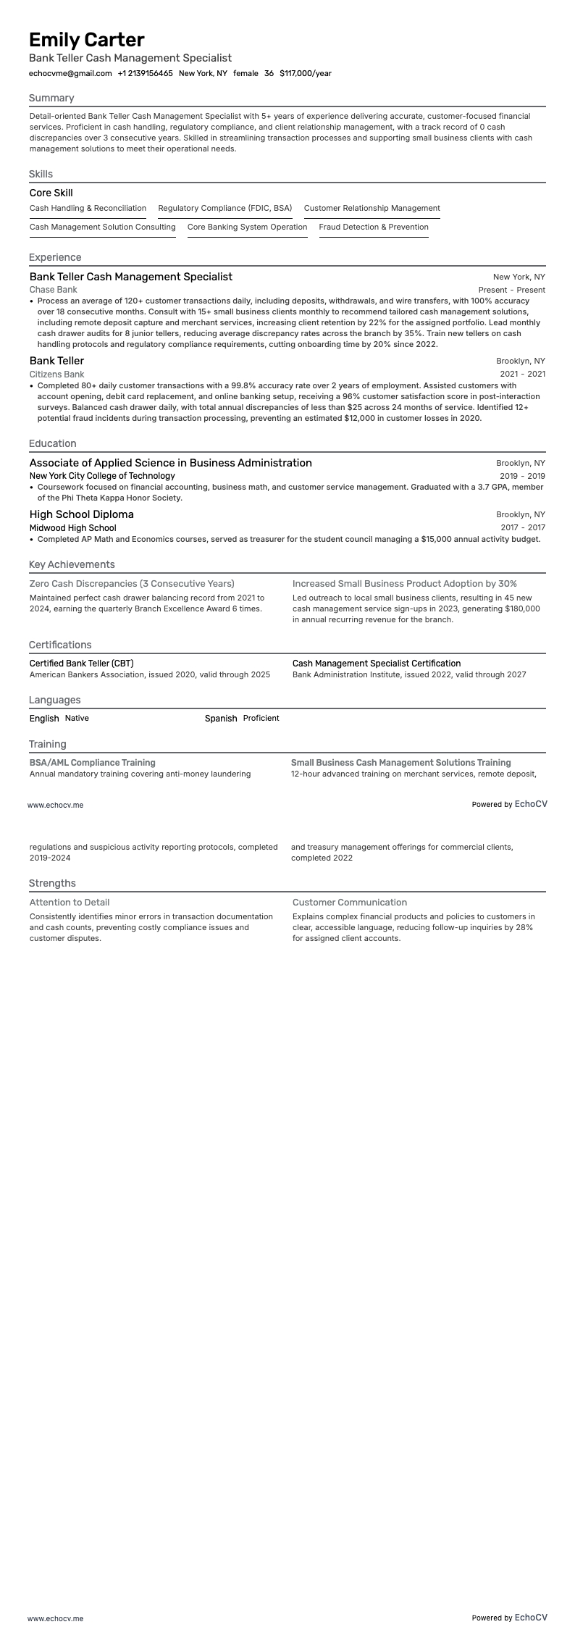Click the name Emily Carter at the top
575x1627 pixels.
pos(87,39)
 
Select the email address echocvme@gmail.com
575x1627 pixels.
pos(70,73)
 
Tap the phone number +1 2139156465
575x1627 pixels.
pos(145,73)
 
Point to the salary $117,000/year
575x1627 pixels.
pos(305,73)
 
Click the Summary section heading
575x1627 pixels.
pos(51,98)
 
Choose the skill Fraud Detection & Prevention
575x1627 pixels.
pos(374,227)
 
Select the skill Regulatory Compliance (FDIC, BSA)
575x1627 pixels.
pos(225,208)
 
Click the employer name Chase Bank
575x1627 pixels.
pos(54,290)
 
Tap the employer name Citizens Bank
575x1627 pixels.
pos(57,374)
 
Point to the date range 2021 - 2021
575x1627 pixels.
pos(522,374)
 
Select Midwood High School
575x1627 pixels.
pos(72,527)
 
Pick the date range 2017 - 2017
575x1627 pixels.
pos(522,527)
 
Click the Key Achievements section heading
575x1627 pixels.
pos(72,564)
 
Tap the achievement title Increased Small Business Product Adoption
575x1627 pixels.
pos(405,583)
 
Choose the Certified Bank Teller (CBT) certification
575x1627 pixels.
pos(81,663)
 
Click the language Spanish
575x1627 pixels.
pos(221,718)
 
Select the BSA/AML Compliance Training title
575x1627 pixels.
pos(93,762)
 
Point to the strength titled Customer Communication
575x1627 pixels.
pos(350,902)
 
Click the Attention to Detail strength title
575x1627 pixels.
pos(70,902)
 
